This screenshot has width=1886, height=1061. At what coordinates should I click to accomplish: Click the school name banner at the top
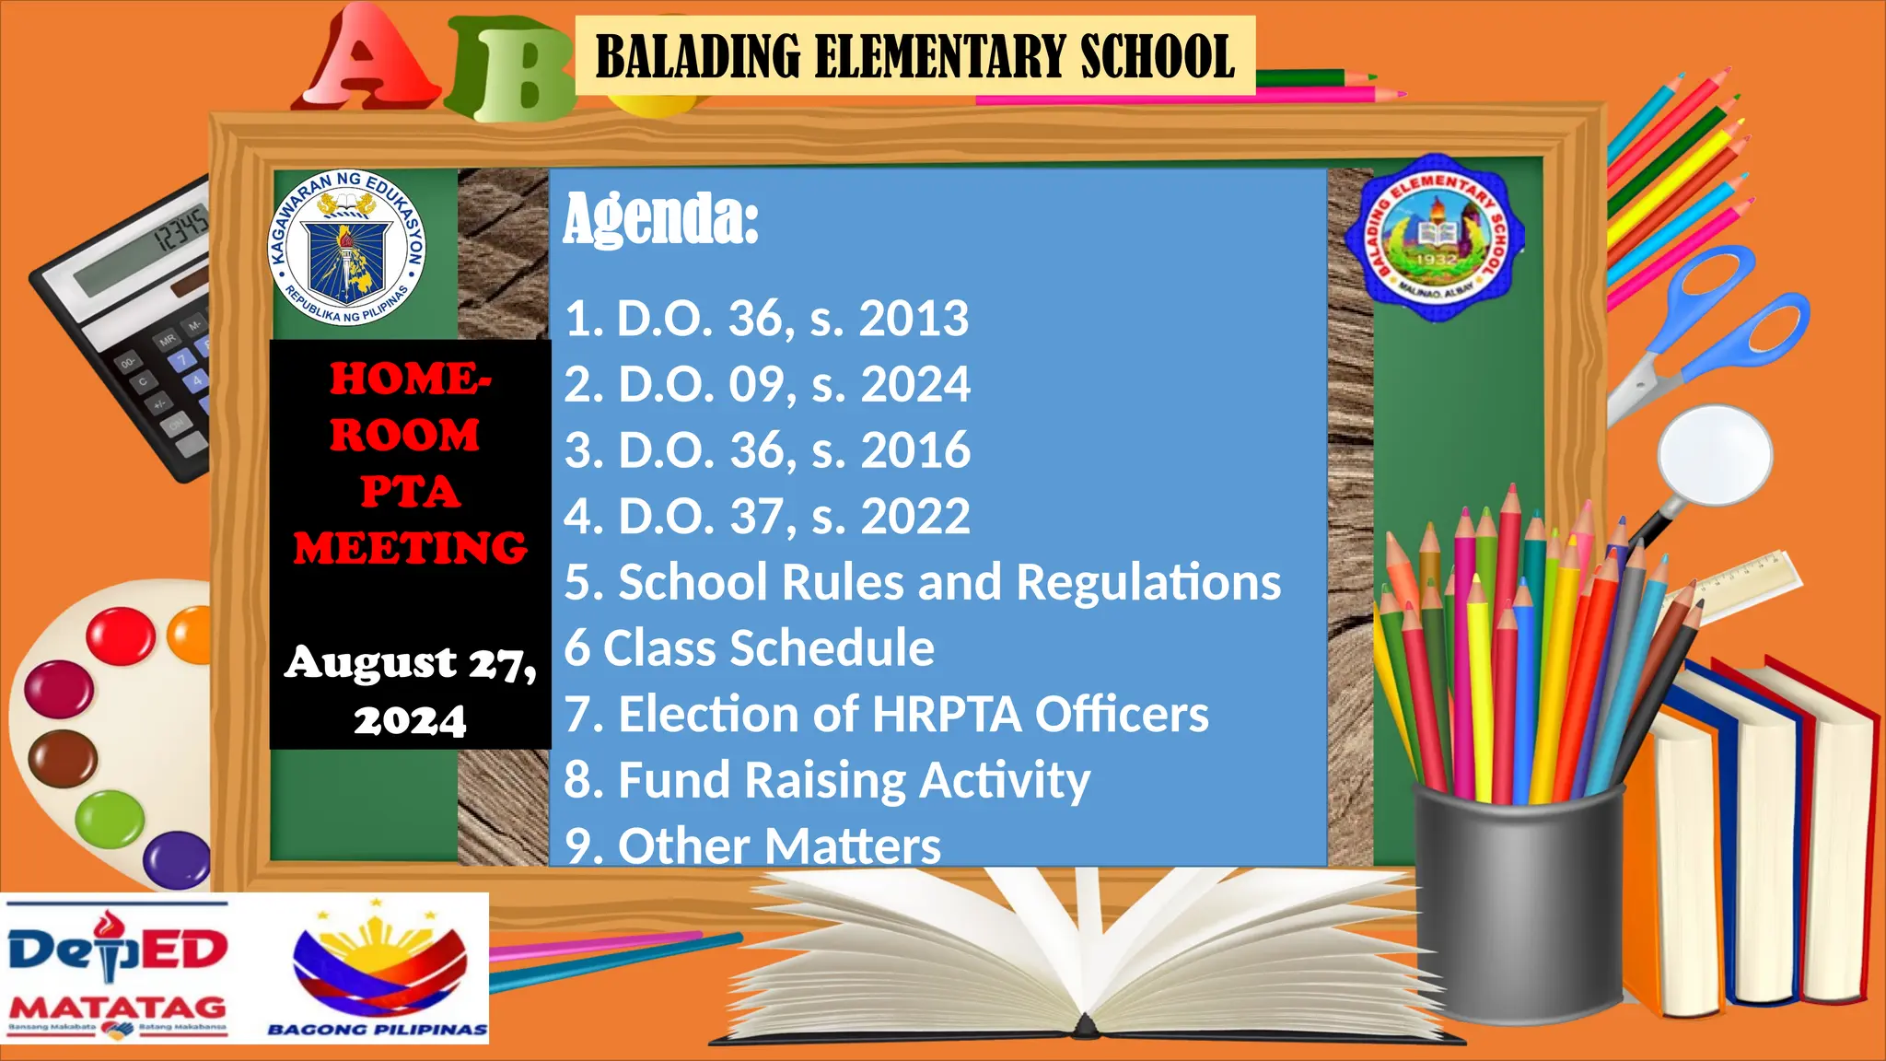(914, 56)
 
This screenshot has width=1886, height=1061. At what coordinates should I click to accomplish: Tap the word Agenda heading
(660, 219)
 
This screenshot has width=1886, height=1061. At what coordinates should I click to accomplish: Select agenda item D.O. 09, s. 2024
(767, 384)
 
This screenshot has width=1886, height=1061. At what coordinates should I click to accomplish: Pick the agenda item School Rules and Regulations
(922, 582)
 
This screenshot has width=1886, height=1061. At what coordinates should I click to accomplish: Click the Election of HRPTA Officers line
(886, 715)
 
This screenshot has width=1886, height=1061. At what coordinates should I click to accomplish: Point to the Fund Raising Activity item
(826, 781)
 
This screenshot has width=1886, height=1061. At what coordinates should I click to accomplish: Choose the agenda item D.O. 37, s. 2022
(767, 516)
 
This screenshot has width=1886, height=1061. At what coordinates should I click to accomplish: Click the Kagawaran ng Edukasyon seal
(347, 247)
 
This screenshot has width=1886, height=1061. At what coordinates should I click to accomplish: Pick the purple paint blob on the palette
(178, 858)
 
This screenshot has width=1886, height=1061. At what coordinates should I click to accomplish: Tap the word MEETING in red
(410, 548)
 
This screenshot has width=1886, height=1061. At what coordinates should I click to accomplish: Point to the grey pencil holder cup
(1518, 903)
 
